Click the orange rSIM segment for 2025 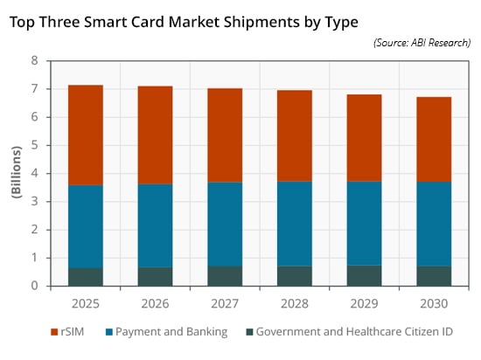pyautogui.click(x=86, y=135)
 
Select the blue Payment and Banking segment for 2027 pyautogui.click(x=225, y=225)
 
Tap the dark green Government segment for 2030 pyautogui.click(x=434, y=276)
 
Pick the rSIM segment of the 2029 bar pyautogui.click(x=365, y=138)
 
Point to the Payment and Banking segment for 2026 pyautogui.click(x=155, y=225)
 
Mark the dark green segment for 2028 pyautogui.click(x=295, y=276)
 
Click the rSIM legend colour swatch pyautogui.click(x=54, y=332)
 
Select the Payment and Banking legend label pyautogui.click(x=171, y=332)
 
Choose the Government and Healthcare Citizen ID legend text pyautogui.click(x=354, y=332)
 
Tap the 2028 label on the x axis pyautogui.click(x=295, y=304)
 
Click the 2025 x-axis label pyautogui.click(x=86, y=304)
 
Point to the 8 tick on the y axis pyautogui.click(x=34, y=60)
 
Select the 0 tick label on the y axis pyautogui.click(x=34, y=286)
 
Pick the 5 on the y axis pyautogui.click(x=34, y=145)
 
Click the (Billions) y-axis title pyautogui.click(x=17, y=172)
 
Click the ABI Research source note pyautogui.click(x=422, y=43)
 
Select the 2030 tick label pyautogui.click(x=434, y=304)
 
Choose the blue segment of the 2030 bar pyautogui.click(x=434, y=225)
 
